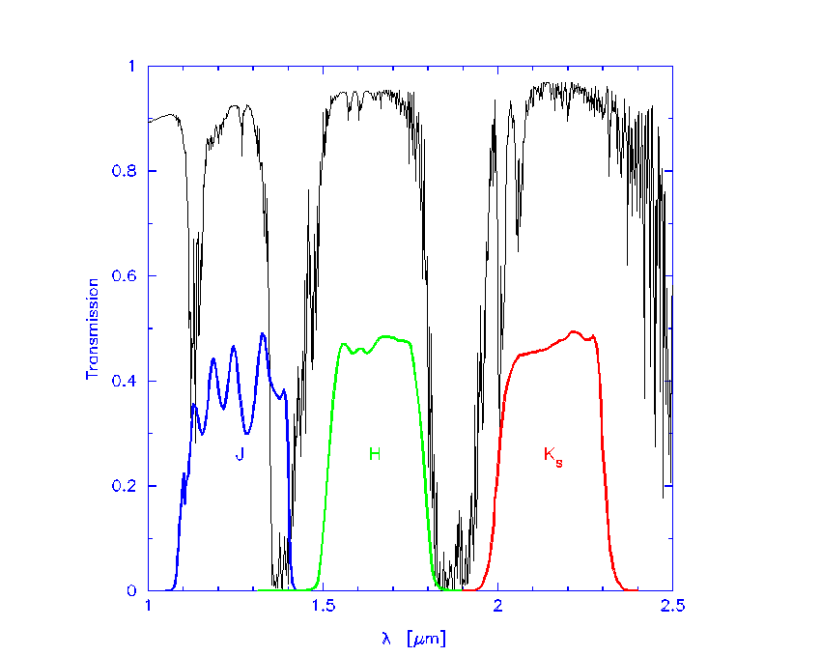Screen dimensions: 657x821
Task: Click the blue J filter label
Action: tap(239, 452)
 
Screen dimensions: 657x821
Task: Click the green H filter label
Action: tap(375, 452)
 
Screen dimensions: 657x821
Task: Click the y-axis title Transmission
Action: tap(93, 328)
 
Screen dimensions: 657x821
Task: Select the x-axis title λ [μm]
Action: tap(410, 638)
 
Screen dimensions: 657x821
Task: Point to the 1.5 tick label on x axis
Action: tap(323, 607)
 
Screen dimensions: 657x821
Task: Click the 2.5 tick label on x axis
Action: tap(672, 607)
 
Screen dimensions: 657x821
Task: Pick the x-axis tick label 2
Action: tap(497, 607)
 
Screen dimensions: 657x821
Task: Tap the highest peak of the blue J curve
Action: tap(263, 334)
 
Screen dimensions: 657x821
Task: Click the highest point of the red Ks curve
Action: tap(575, 331)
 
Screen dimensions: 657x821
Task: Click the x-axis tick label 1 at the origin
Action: tap(148, 607)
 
